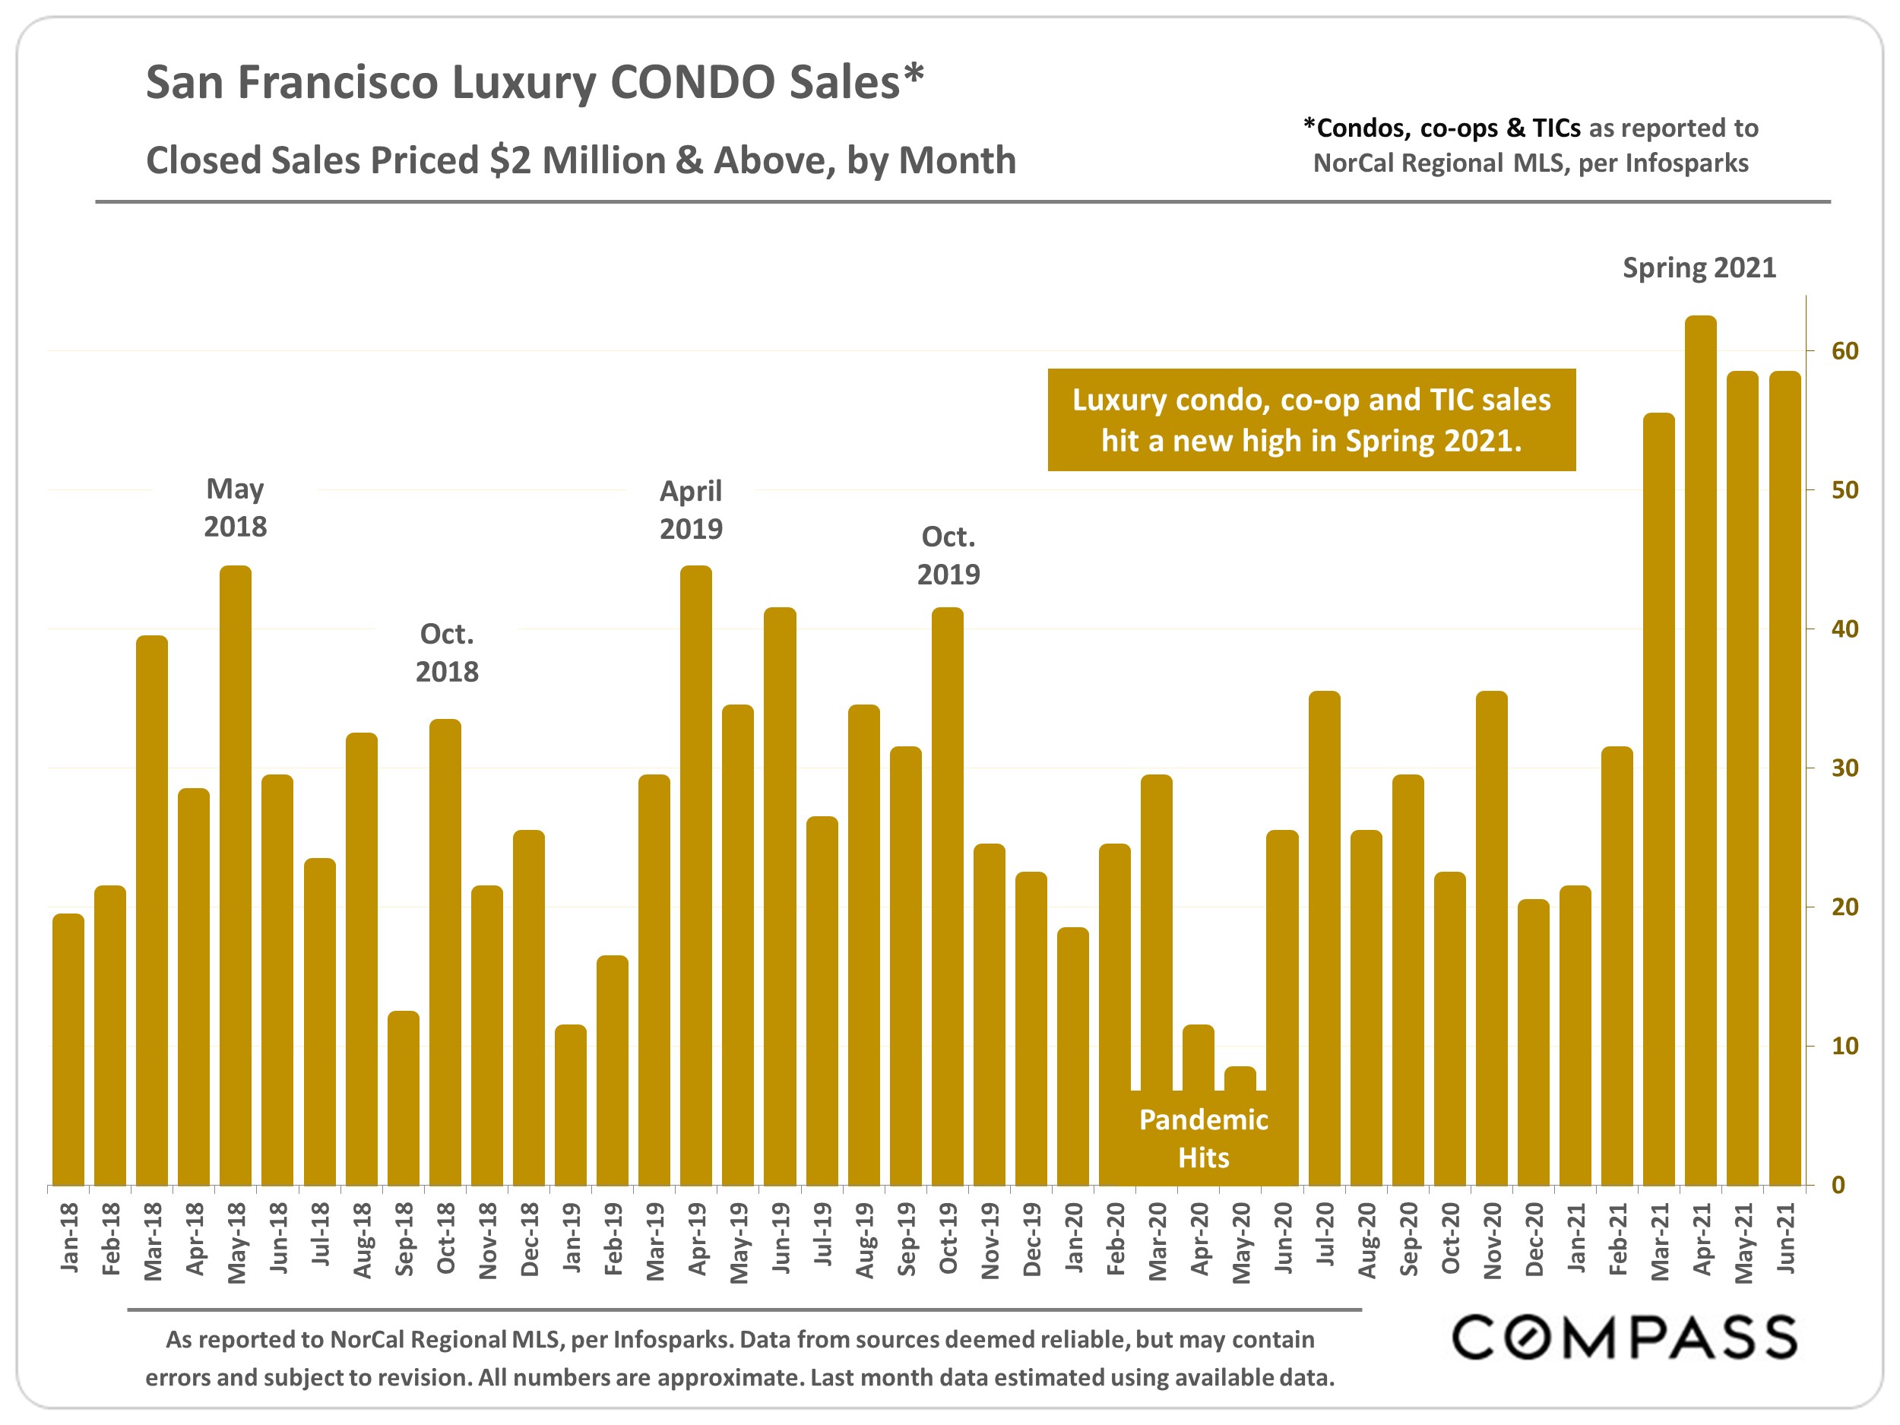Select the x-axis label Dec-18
(530, 1239)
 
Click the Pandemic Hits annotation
(1202, 1138)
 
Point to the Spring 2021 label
(1698, 268)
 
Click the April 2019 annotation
(691, 509)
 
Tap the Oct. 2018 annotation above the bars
(447, 652)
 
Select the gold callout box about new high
(1311, 420)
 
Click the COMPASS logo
(1623, 1338)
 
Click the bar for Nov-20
(1491, 937)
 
